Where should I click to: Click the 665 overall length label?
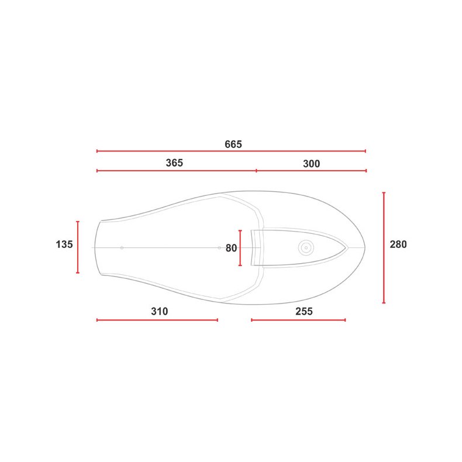[x=233, y=144]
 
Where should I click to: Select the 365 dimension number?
[x=174, y=163]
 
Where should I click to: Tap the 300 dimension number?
[x=311, y=164]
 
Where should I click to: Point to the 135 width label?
[x=64, y=244]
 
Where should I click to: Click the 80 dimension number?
[x=231, y=248]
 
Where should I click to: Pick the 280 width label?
[x=398, y=244]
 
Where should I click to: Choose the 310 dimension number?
[x=159, y=312]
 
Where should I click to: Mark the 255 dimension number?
[x=304, y=312]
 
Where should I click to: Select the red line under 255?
[x=298, y=320]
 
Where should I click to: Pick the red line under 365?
[x=176, y=171]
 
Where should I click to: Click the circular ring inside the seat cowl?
[x=305, y=247]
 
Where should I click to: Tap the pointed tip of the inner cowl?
[x=347, y=247]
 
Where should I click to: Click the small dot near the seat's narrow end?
[x=122, y=248]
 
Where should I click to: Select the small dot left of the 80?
[x=219, y=248]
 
